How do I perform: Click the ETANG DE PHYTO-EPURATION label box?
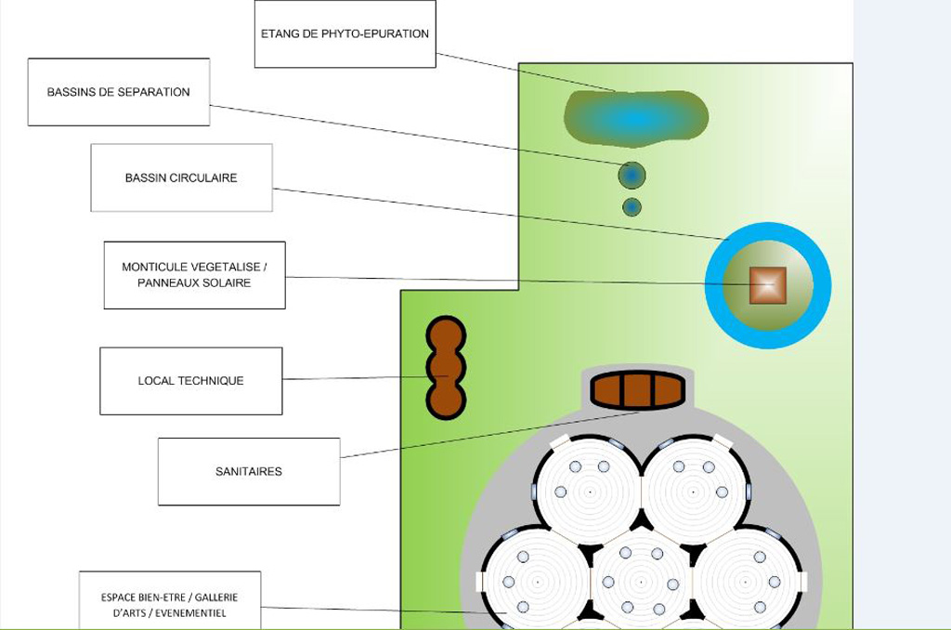[x=345, y=34]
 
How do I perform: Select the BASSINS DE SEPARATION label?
[x=119, y=92]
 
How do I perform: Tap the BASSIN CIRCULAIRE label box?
[x=181, y=177]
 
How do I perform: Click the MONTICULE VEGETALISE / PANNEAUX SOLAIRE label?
[x=194, y=275]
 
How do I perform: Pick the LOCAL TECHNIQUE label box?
[x=190, y=381]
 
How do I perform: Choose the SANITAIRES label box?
[x=249, y=471]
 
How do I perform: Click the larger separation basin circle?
[x=632, y=175]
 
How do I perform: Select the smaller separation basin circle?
[x=632, y=207]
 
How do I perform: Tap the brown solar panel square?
[x=767, y=285]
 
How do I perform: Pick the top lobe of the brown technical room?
[x=446, y=336]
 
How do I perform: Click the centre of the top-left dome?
[x=589, y=491]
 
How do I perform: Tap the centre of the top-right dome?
[x=694, y=491]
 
